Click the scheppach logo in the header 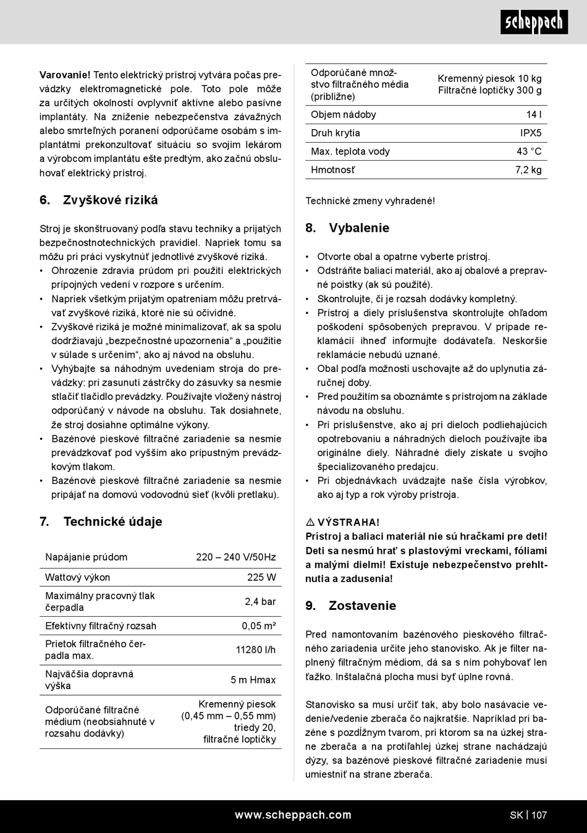(534, 23)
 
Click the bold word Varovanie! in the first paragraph (65, 75)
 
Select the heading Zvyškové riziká (110, 200)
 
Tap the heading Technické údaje (112, 522)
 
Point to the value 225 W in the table (261, 577)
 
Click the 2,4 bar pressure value (260, 601)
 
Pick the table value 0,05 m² (259, 625)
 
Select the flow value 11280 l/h (256, 649)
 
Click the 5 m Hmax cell (253, 680)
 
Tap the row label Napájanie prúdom (86, 557)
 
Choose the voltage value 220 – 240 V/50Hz (236, 557)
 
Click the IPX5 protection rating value (531, 133)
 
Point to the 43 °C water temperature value (529, 151)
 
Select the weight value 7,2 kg (528, 170)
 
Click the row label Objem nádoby (343, 114)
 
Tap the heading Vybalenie (359, 228)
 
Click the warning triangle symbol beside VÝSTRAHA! (310, 523)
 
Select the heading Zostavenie (362, 606)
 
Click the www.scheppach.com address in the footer (293, 815)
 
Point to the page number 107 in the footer (539, 815)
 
